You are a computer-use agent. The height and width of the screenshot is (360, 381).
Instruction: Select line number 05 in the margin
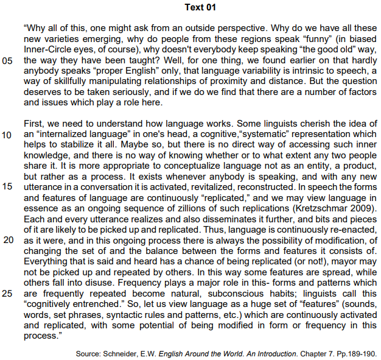coord(9,62)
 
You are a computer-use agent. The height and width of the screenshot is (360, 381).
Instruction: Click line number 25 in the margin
coord(9,293)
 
